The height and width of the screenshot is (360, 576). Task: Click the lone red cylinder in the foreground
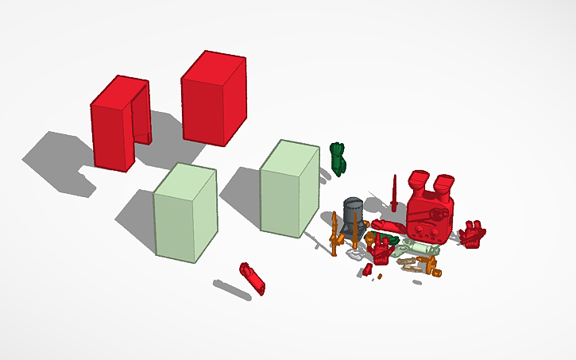coord(253,277)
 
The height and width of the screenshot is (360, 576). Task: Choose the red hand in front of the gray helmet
coord(382,251)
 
